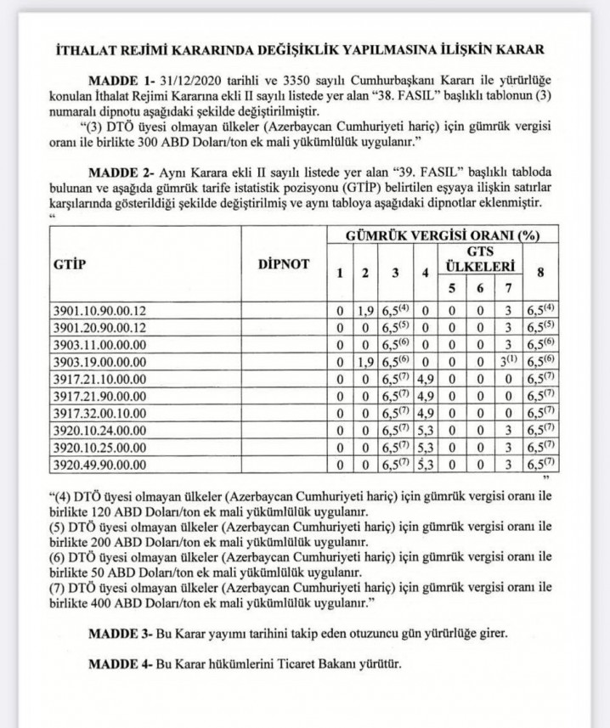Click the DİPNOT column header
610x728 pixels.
[x=283, y=264]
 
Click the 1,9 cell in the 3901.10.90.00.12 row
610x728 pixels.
[x=364, y=310]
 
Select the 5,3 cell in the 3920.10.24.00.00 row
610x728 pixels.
[x=426, y=430]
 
